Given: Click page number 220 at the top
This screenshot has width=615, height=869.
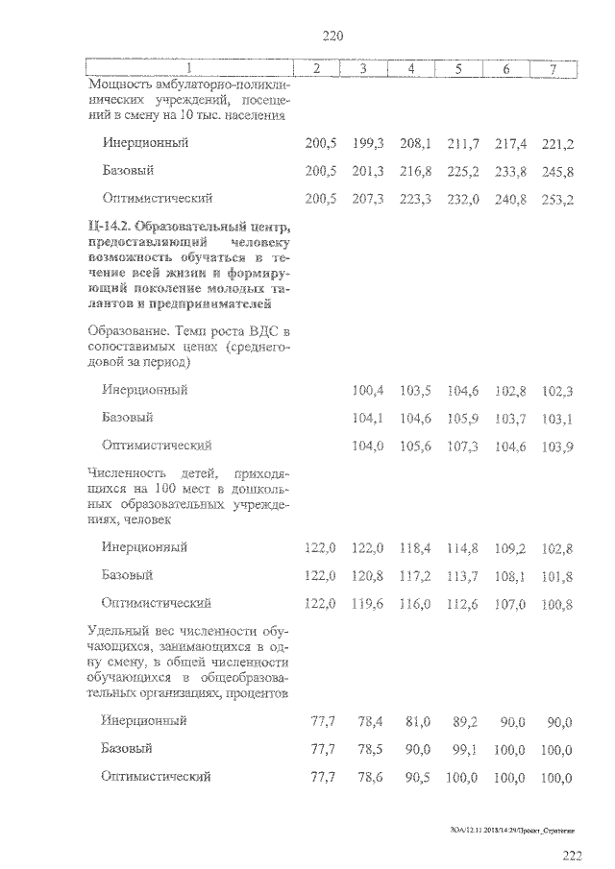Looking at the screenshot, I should (332, 36).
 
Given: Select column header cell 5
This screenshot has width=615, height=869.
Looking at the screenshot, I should (458, 68).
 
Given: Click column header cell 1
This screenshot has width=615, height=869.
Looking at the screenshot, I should (188, 68).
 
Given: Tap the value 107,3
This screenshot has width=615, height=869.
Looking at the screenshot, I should (462, 446).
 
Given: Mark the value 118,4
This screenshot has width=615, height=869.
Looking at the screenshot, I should (415, 547).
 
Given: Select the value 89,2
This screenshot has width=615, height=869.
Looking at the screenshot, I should (464, 721).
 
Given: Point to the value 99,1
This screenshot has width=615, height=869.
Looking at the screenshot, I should (464, 749).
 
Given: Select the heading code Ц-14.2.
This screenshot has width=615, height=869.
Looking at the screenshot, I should (109, 227).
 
